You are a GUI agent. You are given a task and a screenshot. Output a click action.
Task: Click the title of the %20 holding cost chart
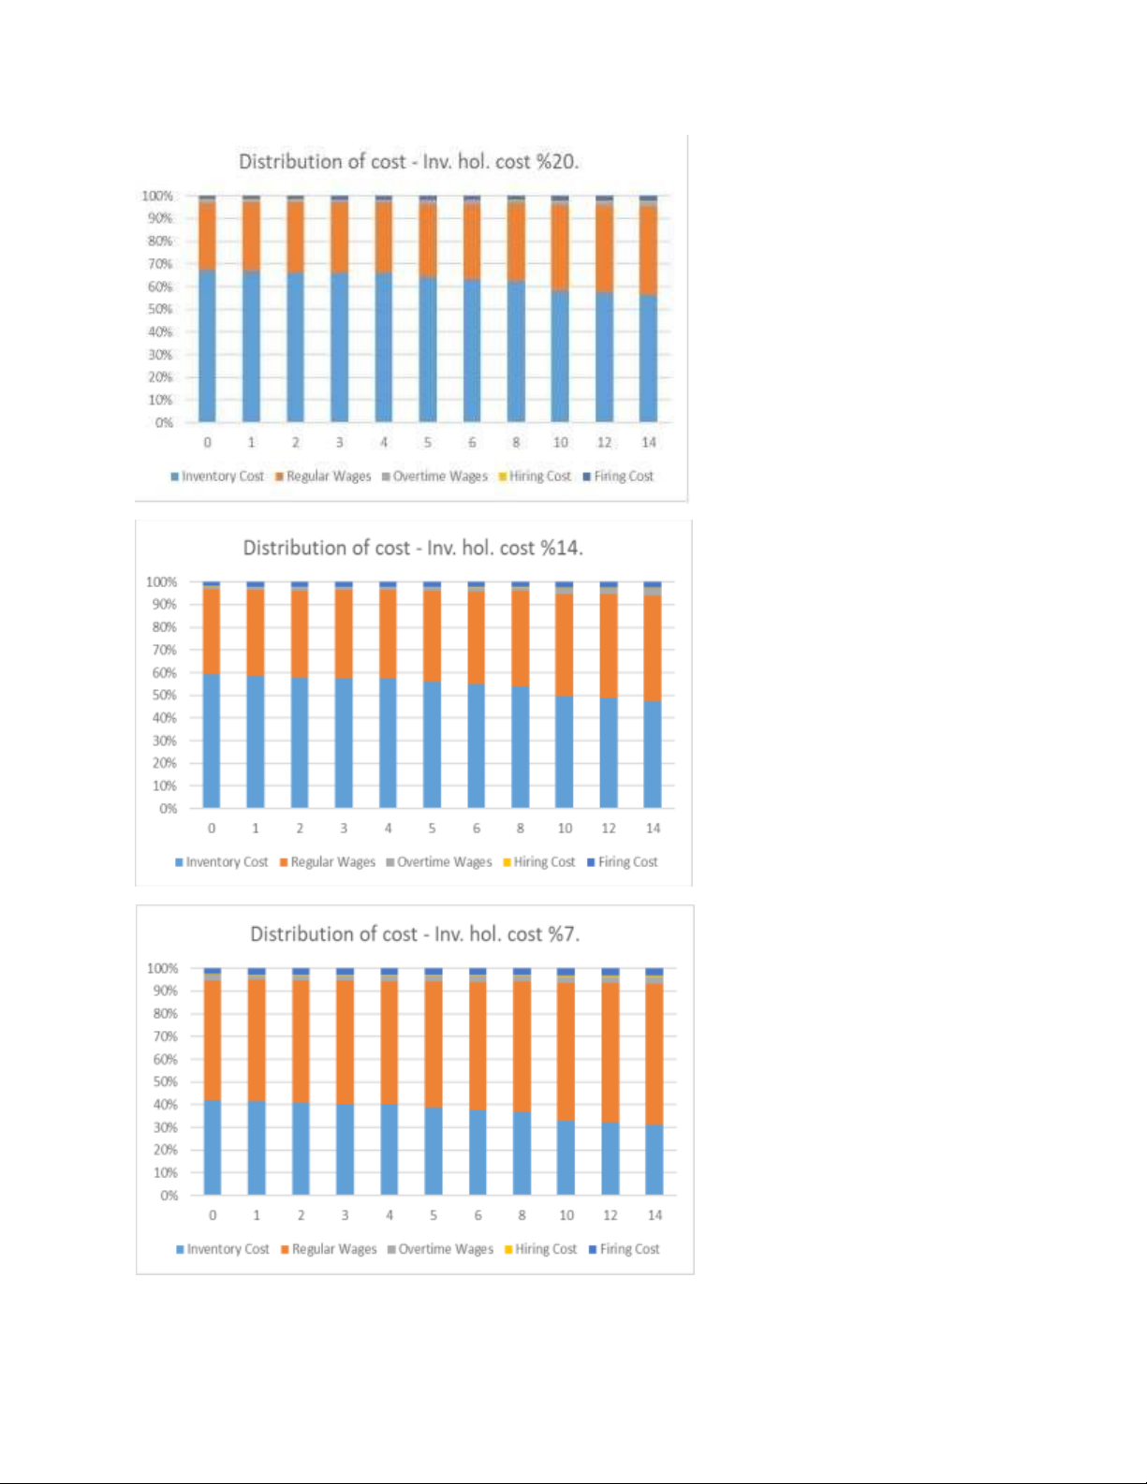408,161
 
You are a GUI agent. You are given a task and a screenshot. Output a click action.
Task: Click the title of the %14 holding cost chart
413,548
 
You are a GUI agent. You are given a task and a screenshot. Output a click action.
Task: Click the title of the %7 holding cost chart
415,933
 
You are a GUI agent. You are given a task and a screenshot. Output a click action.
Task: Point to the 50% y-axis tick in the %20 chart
160,309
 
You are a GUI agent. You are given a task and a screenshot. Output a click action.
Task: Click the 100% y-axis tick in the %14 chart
161,581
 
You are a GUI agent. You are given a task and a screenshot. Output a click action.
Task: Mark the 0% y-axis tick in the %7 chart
169,1196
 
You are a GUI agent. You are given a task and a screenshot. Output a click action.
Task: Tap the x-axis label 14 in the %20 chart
649,442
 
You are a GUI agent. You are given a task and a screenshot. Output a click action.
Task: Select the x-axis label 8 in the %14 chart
521,829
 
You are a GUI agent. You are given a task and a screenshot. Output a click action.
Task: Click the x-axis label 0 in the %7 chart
213,1215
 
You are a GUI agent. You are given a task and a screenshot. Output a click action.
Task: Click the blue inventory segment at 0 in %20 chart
207,346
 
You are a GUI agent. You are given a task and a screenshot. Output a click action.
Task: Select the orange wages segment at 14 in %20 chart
648,251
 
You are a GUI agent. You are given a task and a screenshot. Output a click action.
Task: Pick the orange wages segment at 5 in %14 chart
432,635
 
